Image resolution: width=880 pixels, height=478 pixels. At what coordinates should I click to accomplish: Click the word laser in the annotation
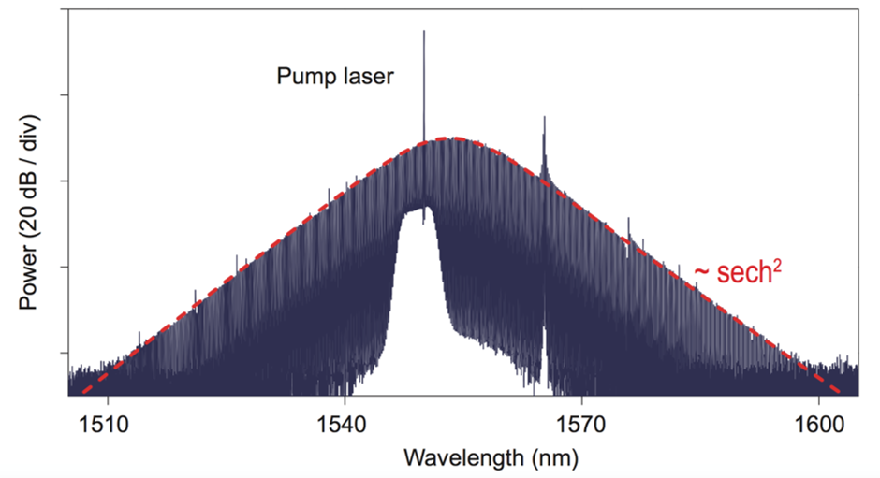(368, 77)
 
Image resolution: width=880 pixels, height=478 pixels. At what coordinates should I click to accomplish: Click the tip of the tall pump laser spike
(424, 31)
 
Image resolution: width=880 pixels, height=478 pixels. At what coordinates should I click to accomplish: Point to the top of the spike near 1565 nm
(544, 118)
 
